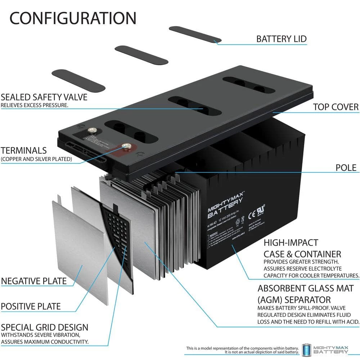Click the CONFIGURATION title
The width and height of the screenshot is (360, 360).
[x=73, y=18]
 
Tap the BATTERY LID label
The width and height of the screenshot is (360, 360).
[x=281, y=39]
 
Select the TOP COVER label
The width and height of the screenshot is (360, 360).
[x=336, y=107]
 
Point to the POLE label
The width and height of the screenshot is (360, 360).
[x=346, y=167]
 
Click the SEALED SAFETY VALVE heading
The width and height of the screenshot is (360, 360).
[x=44, y=97]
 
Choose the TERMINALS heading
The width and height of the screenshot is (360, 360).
[x=24, y=150]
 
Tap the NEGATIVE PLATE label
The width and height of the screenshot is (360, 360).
[x=34, y=280]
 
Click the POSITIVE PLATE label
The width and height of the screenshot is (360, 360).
[x=31, y=306]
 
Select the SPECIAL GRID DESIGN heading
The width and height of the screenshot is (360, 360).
[x=44, y=328]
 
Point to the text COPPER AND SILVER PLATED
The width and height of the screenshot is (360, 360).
[x=36, y=159]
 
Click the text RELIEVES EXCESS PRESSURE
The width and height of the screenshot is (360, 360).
[x=35, y=105]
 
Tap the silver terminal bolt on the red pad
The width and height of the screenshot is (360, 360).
[x=126, y=146]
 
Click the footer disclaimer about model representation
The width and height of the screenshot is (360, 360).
[x=242, y=350]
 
